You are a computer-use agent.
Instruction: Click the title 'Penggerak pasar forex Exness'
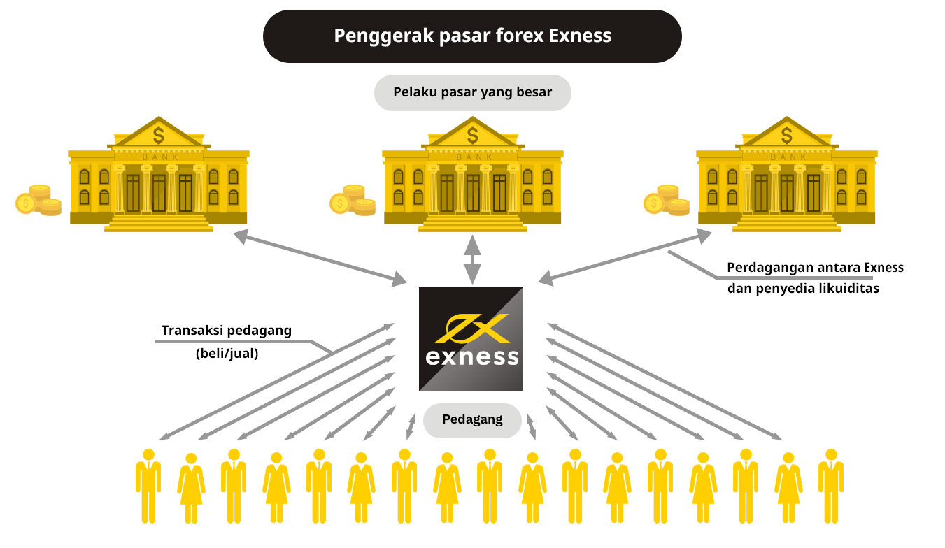click(x=472, y=36)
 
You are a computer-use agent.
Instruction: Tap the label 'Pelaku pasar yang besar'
click(x=472, y=92)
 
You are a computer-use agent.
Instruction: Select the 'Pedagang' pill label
click(x=472, y=420)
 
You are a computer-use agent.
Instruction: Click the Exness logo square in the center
click(x=471, y=339)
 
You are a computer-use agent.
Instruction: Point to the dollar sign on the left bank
click(x=159, y=133)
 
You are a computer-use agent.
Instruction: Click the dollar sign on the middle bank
click(x=473, y=133)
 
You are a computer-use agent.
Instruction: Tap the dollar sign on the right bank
click(x=787, y=133)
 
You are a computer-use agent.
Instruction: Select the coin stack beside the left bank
click(x=39, y=201)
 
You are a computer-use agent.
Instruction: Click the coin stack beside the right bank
click(x=667, y=201)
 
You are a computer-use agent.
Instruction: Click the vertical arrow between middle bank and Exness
click(x=473, y=259)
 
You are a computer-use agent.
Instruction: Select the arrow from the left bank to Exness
click(x=320, y=259)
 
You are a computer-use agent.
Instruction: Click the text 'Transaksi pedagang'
click(x=227, y=331)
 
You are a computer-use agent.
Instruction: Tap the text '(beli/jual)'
click(x=227, y=354)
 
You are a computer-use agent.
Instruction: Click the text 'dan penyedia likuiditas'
click(x=803, y=288)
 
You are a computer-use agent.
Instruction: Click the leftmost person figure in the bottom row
click(x=148, y=486)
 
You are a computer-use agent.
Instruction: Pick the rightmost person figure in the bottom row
click(x=831, y=486)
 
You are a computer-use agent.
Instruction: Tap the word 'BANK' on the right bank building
click(x=788, y=157)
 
